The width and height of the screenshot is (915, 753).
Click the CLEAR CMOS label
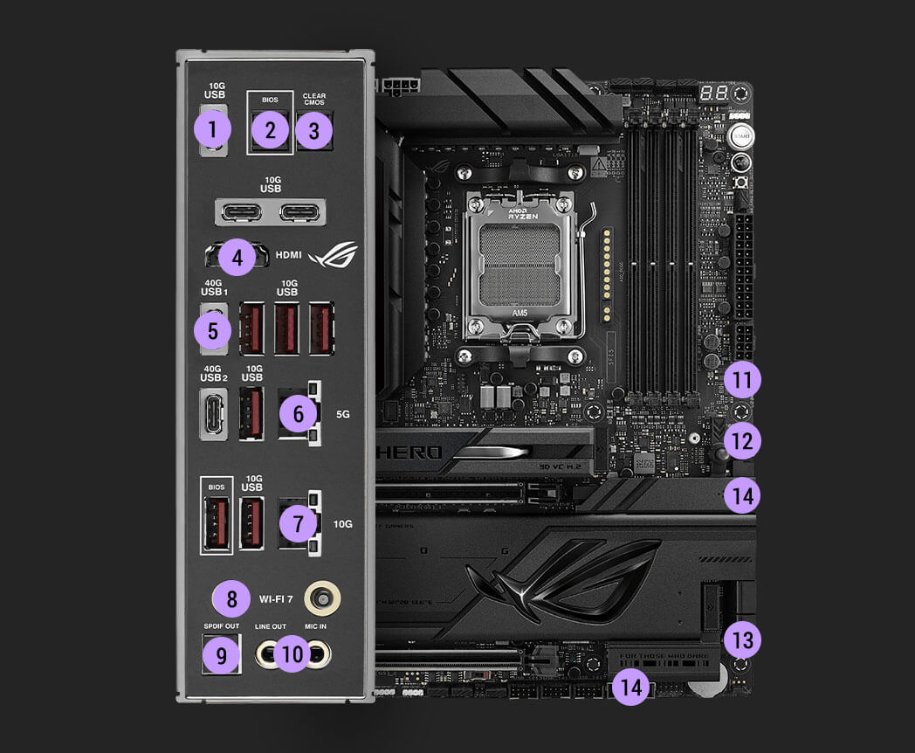(314, 100)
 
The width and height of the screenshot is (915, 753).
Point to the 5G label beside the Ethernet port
(342, 413)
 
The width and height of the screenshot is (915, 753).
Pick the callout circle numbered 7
(299, 524)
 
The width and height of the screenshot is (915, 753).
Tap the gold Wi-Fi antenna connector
(322, 599)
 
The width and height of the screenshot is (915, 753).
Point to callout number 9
(220, 655)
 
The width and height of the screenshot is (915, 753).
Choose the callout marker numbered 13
(742, 640)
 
